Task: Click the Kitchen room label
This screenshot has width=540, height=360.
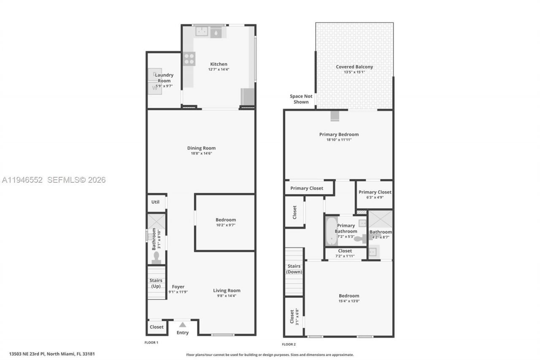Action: tap(219, 64)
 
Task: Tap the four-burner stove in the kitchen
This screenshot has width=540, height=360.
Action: tap(189, 59)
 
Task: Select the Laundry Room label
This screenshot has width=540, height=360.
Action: tap(164, 78)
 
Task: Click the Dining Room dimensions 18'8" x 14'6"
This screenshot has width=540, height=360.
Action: tap(201, 154)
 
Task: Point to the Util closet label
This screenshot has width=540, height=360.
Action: tap(155, 202)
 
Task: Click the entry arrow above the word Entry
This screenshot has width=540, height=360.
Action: tap(182, 325)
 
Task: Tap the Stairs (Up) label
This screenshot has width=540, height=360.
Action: tap(156, 283)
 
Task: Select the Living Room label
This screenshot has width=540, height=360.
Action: tap(227, 290)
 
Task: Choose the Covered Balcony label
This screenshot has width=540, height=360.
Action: tap(354, 67)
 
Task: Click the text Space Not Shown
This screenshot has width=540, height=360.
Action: tap(302, 99)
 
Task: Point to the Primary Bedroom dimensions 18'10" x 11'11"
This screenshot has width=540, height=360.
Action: tap(339, 140)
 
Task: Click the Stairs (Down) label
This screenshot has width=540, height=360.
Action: tap(294, 269)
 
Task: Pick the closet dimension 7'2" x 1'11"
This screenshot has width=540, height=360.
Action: tap(345, 256)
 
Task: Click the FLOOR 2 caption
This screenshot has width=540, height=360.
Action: tap(289, 344)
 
